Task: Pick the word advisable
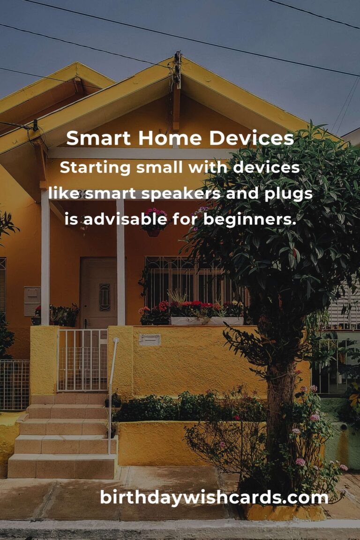[125, 219]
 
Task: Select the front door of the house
[99, 292]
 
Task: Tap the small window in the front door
[105, 297]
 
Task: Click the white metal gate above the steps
[82, 360]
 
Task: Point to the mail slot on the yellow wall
[150, 340]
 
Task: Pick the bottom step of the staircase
[62, 466]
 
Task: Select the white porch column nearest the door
[120, 262]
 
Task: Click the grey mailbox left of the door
[32, 301]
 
